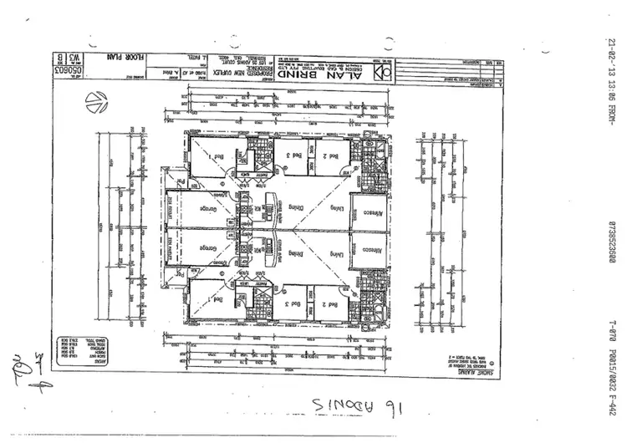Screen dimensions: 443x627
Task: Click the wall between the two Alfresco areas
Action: click(x=370, y=227)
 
